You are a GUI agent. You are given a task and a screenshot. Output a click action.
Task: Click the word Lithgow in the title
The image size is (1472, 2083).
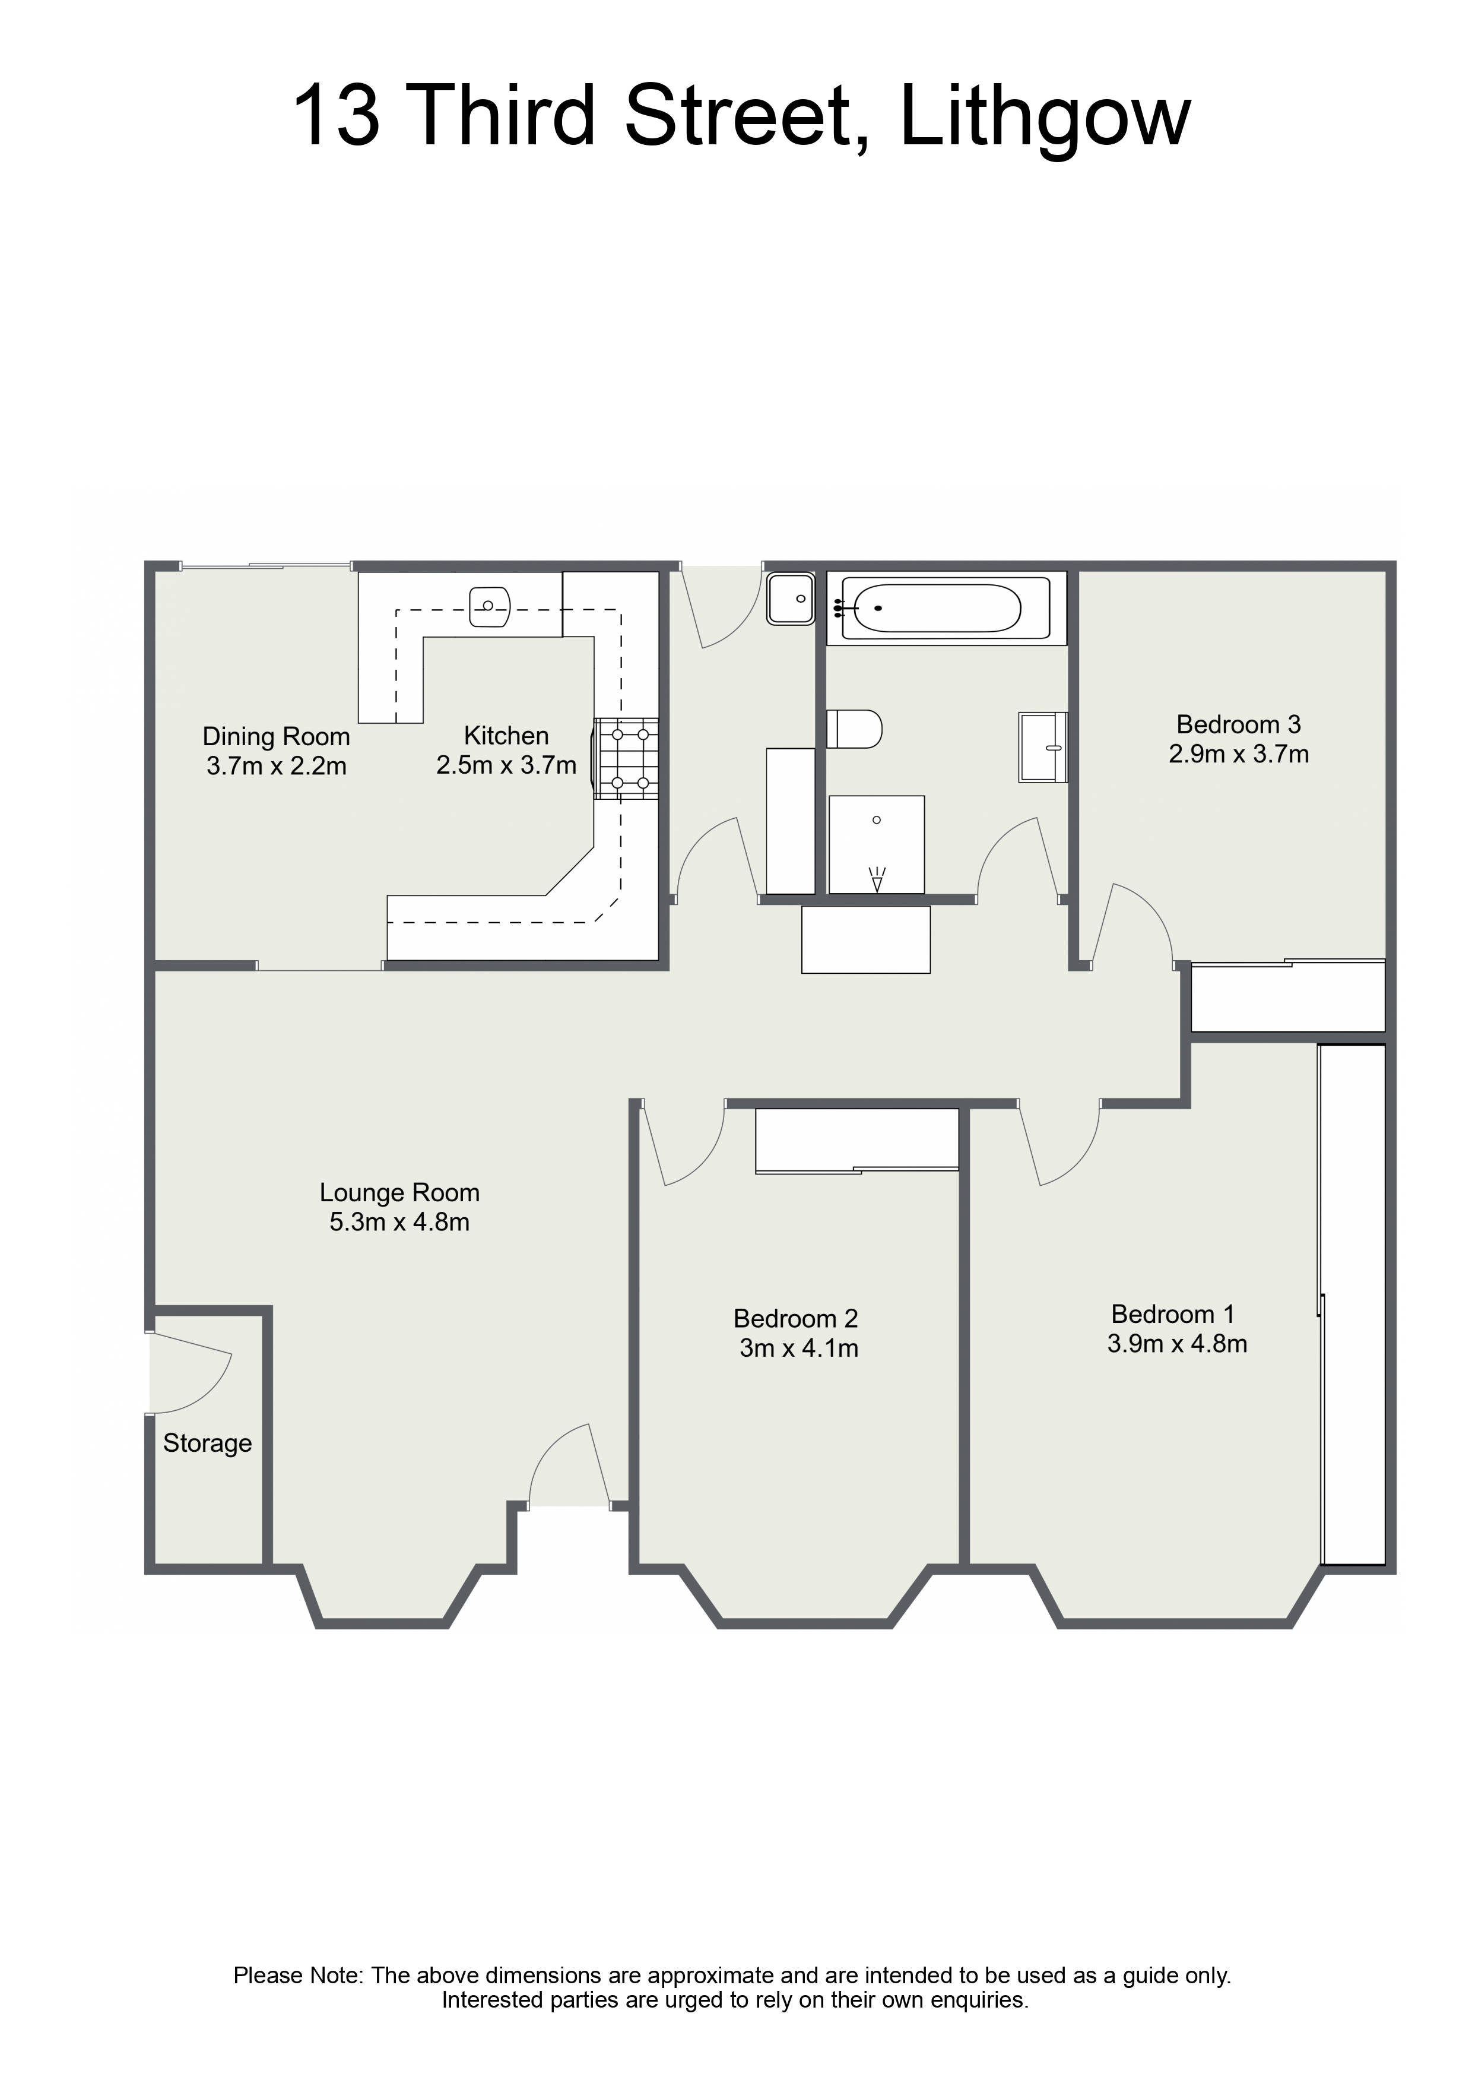pyautogui.click(x=1044, y=117)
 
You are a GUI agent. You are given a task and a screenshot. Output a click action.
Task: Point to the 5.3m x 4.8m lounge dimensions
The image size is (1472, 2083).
pyautogui.click(x=399, y=1222)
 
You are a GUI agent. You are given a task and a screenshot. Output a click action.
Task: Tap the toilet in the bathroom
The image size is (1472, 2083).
pyautogui.click(x=854, y=729)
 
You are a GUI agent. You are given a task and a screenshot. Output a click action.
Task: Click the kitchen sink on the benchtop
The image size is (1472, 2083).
pyautogui.click(x=491, y=607)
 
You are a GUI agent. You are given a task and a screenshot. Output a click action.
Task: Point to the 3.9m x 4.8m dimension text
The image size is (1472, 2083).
pyautogui.click(x=1176, y=1344)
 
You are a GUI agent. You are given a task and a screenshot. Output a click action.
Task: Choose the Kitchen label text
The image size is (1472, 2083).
pyautogui.click(x=506, y=735)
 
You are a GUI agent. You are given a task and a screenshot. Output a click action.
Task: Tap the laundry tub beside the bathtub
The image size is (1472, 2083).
pyautogui.click(x=791, y=599)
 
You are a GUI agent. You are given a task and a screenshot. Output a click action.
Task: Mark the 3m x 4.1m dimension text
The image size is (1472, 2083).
pyautogui.click(x=798, y=1348)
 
